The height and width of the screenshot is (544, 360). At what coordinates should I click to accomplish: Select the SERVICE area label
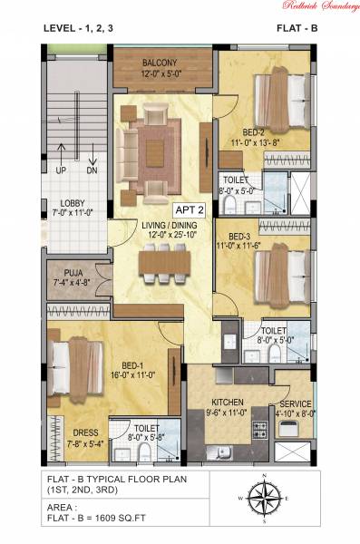(296, 403)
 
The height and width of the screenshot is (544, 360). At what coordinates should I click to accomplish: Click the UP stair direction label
(60, 170)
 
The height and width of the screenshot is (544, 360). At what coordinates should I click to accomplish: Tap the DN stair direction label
(92, 170)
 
